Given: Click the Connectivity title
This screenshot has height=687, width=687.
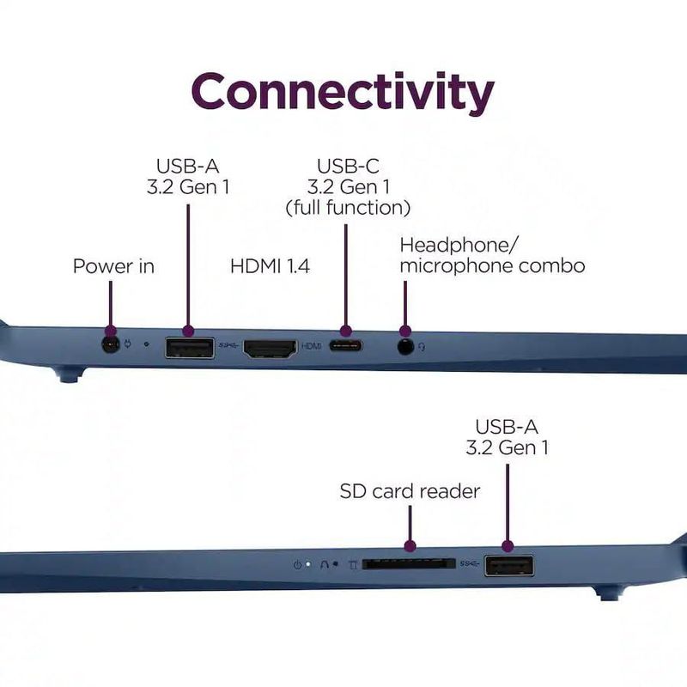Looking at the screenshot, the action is (x=343, y=92).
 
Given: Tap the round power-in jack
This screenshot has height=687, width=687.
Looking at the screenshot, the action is (x=111, y=345).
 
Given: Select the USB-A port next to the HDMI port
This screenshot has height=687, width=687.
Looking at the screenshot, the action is (x=190, y=348).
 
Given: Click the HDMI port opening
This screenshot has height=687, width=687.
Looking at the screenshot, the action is (x=270, y=349).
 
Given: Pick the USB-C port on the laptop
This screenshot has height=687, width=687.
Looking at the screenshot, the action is (x=346, y=346).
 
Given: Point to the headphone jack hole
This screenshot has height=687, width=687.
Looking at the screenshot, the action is (x=405, y=347).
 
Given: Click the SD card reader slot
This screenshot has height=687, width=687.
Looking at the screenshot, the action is (x=409, y=564).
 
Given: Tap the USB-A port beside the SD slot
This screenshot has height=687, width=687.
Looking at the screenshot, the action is (x=509, y=566).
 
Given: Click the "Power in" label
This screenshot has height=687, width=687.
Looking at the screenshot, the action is (x=113, y=266).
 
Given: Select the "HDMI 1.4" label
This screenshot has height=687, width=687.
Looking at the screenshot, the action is (x=270, y=266).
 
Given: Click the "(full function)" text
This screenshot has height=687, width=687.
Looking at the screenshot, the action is (x=348, y=208).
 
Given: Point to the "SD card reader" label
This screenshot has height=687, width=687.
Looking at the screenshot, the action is (x=410, y=491).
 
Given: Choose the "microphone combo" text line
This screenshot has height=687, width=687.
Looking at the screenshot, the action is (x=492, y=266).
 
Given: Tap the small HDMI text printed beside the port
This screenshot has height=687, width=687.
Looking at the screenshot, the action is (x=312, y=346).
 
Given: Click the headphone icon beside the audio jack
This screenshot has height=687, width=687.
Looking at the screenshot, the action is (x=422, y=347).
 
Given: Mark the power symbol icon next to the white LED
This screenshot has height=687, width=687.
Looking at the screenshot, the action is (x=297, y=565).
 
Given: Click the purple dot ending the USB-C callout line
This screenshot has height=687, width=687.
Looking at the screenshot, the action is (x=346, y=331).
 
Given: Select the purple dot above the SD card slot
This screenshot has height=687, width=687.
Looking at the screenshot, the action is (x=410, y=546).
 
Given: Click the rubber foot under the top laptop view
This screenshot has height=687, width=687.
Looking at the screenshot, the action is (x=67, y=376).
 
